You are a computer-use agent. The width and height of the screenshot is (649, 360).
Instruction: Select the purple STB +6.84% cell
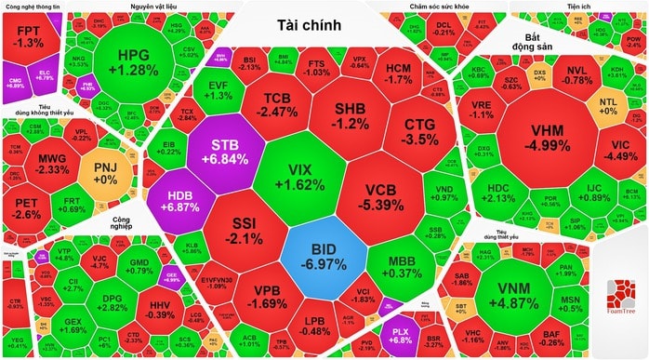click(229, 152)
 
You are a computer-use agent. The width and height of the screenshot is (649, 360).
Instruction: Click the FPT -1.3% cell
click(30, 37)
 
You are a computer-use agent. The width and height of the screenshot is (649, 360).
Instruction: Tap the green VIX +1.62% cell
click(300, 178)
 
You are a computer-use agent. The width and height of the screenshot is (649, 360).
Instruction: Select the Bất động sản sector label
click(533, 43)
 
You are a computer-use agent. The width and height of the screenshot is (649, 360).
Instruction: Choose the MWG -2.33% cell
click(52, 164)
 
